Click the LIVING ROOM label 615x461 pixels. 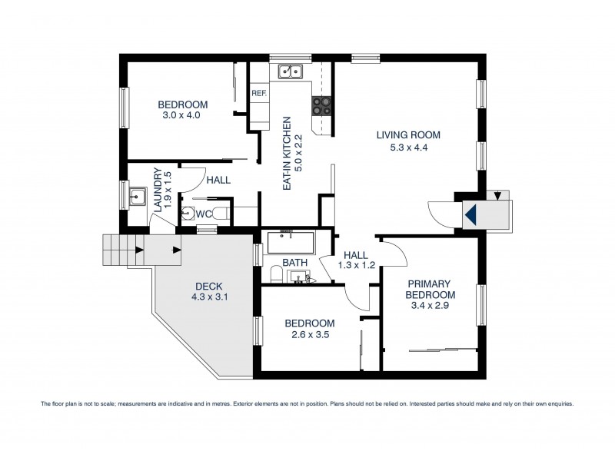coord(407,135)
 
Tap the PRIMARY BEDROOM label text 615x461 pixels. coord(430,289)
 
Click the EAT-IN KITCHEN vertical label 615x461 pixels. coord(288,154)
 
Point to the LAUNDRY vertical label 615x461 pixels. coord(158,191)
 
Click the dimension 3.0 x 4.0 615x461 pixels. coord(181,116)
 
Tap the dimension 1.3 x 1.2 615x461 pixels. coord(356,266)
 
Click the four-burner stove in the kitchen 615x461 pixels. coord(321,106)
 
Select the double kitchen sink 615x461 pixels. coord(291,71)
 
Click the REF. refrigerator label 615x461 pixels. coord(258,94)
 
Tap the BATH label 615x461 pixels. coord(294,263)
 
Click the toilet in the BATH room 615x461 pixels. coord(276,274)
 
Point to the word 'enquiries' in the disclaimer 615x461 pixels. coord(557,403)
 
